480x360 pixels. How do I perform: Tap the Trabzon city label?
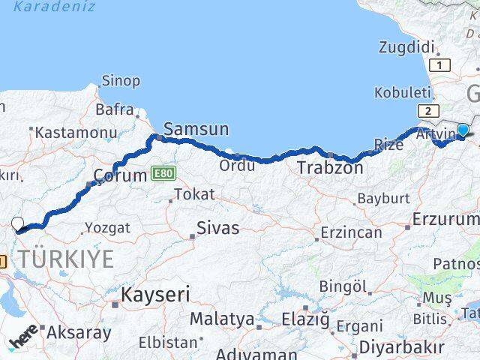(330, 168)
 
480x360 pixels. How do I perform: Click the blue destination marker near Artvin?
(463, 130)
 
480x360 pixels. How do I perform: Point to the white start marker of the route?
(19, 223)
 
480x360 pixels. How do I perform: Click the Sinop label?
(121, 81)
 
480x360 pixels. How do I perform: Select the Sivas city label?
(217, 228)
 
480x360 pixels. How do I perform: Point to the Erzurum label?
(445, 220)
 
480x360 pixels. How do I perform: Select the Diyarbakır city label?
(401, 347)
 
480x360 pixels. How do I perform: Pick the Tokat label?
(194, 195)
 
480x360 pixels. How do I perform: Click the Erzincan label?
(351, 232)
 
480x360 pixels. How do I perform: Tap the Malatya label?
(221, 319)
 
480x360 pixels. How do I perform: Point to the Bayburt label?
(382, 199)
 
